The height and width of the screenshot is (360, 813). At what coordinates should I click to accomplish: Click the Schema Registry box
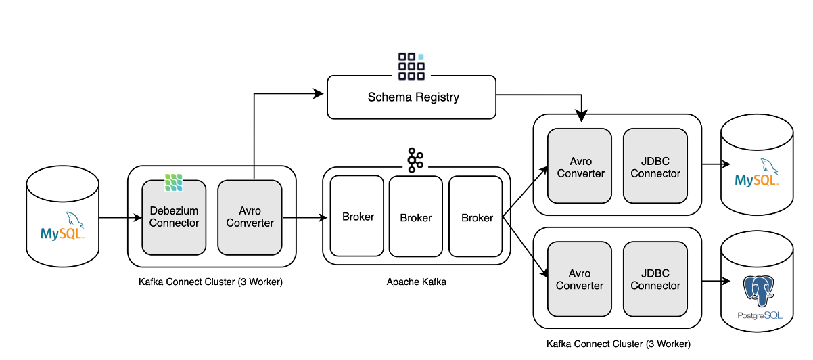pyautogui.click(x=413, y=97)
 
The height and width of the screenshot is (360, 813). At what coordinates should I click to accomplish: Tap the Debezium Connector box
pyautogui.click(x=174, y=217)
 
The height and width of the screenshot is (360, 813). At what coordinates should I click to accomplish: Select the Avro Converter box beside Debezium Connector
pyautogui.click(x=250, y=217)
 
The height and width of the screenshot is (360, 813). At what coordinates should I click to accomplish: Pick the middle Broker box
pyautogui.click(x=415, y=217)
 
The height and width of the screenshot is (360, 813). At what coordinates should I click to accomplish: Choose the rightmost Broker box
pyautogui.click(x=476, y=217)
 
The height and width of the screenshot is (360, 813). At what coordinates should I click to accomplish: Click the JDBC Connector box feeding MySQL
pyautogui.click(x=655, y=166)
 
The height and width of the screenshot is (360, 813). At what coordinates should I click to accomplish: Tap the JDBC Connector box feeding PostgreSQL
pyautogui.click(x=655, y=279)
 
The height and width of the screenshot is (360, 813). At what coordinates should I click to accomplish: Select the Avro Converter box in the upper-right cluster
pyautogui.click(x=580, y=166)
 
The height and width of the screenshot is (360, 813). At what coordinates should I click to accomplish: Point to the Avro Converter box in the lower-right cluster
pyautogui.click(x=580, y=279)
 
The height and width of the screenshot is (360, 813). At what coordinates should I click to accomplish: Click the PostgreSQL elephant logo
pyautogui.click(x=758, y=292)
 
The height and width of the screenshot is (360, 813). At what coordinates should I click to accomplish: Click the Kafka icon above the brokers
pyautogui.click(x=415, y=158)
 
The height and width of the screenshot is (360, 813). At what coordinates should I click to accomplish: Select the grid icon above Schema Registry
pyautogui.click(x=411, y=64)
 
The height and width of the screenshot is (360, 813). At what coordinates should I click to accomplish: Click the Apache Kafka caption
pyautogui.click(x=416, y=282)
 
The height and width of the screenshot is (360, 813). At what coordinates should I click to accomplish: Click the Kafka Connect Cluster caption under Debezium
pyautogui.click(x=210, y=282)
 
